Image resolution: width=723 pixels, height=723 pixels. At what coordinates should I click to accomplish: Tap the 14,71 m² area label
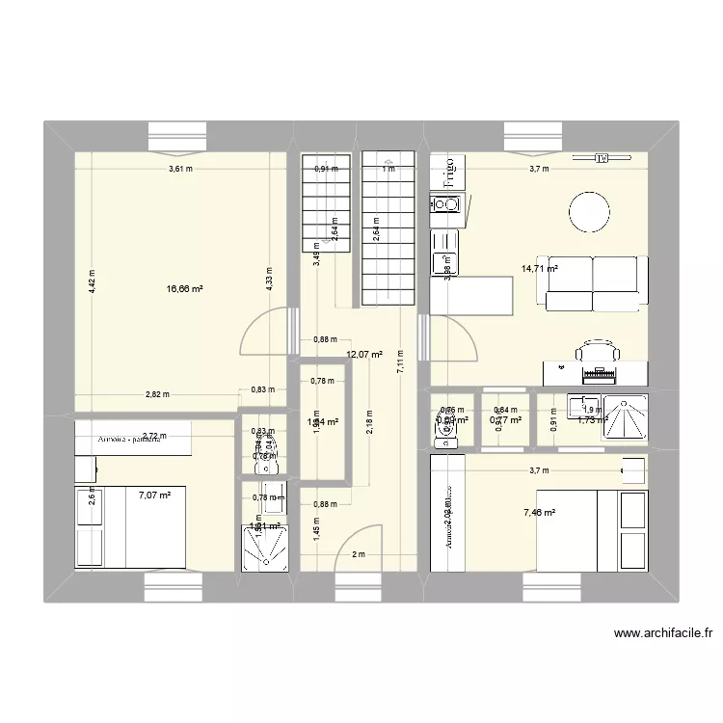pyautogui.click(x=541, y=270)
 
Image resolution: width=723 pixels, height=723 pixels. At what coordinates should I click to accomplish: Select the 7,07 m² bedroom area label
pyautogui.click(x=153, y=495)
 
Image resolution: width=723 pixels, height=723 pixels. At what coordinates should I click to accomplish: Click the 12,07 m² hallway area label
pyautogui.click(x=364, y=355)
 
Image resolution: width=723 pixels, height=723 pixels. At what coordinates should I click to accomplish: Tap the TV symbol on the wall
pyautogui.click(x=602, y=158)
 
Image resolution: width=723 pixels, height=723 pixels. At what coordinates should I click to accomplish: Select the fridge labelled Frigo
pyautogui.click(x=448, y=173)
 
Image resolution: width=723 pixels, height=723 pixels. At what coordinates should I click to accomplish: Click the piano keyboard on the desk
pyautogui.click(x=596, y=372)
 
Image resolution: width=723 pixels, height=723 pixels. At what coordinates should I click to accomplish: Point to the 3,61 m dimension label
pyautogui.click(x=180, y=169)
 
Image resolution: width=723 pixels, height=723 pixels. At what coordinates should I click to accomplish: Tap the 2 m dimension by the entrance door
pyautogui.click(x=359, y=554)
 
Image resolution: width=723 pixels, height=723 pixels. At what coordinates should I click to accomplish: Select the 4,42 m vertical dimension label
pyautogui.click(x=92, y=280)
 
